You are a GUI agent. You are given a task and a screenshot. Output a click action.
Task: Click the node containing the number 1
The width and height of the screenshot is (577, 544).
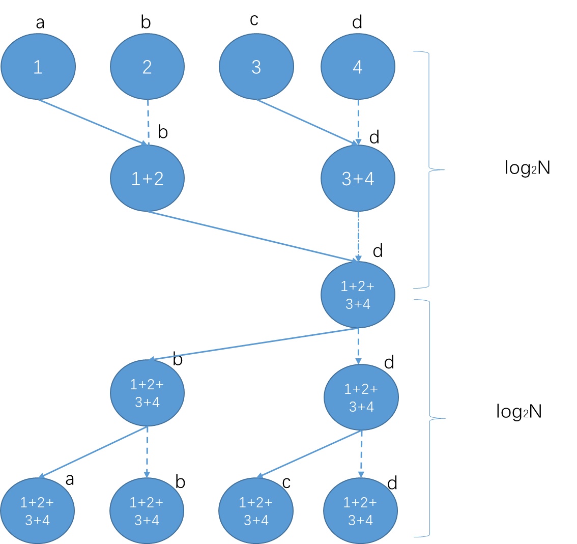(x=38, y=67)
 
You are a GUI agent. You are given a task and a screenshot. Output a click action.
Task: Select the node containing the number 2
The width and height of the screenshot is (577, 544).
(x=147, y=67)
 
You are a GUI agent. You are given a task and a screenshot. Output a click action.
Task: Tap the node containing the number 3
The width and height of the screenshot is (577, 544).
(x=256, y=67)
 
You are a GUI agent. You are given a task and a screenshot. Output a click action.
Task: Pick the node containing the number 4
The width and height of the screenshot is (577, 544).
(x=358, y=67)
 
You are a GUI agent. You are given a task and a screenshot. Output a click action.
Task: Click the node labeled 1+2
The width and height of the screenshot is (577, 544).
(x=147, y=179)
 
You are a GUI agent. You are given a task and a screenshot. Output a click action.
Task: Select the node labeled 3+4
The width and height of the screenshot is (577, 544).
(x=358, y=179)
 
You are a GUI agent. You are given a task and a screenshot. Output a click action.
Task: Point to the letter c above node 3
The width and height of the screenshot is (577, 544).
(x=254, y=20)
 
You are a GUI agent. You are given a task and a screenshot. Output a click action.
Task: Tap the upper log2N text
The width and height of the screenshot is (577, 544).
(x=528, y=168)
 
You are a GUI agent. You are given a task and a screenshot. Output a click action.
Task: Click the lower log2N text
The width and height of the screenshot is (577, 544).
(x=519, y=411)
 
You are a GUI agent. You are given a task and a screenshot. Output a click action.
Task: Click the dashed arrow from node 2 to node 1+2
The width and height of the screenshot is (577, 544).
(x=148, y=122)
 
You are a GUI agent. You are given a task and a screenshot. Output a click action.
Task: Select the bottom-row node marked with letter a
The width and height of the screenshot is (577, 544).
(x=38, y=511)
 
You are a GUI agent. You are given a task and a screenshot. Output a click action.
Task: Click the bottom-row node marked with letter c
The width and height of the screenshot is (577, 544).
(x=255, y=511)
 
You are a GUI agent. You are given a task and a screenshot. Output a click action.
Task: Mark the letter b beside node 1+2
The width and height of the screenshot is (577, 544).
(x=163, y=132)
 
